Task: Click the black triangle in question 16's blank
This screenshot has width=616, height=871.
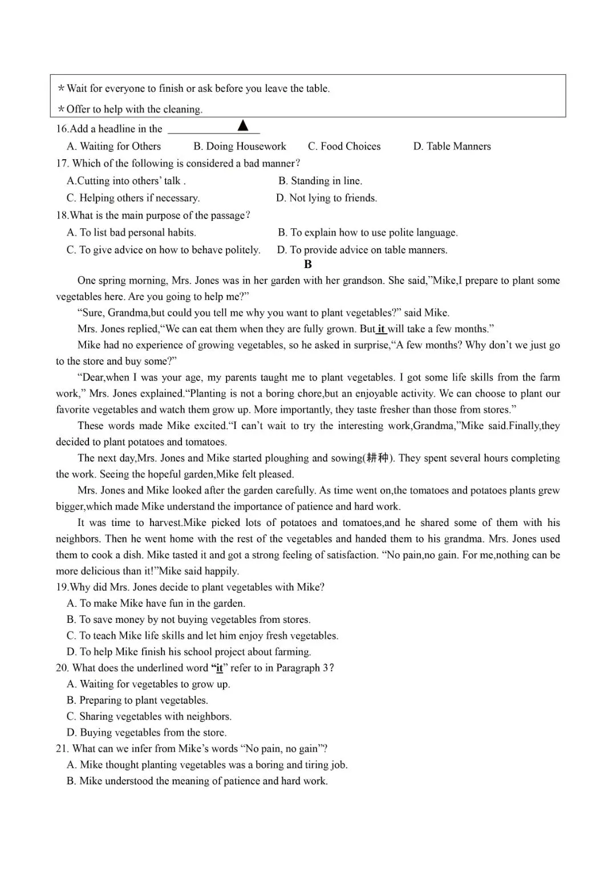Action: pyautogui.click(x=243, y=125)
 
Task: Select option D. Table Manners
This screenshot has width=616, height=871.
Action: pyautogui.click(x=452, y=147)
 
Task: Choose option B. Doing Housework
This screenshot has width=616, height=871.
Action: pyautogui.click(x=240, y=147)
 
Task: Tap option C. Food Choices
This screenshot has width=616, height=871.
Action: pyautogui.click(x=344, y=147)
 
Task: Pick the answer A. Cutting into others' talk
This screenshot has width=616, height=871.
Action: pyautogui.click(x=126, y=181)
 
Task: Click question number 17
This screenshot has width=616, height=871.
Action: pyautogui.click(x=62, y=164)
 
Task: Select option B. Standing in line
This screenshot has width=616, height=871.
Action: pyautogui.click(x=320, y=181)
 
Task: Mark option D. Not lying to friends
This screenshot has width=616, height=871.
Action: pyautogui.click(x=326, y=198)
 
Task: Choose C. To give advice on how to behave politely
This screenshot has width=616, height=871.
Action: pyautogui.click(x=163, y=250)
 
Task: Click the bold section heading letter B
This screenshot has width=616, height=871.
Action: pyautogui.click(x=308, y=264)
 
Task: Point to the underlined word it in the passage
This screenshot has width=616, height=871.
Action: pyautogui.click(x=381, y=329)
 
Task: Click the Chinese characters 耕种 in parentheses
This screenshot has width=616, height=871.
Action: pyautogui.click(x=377, y=458)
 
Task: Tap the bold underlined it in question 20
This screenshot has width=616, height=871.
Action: pyautogui.click(x=220, y=668)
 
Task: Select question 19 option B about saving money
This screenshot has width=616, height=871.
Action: pyautogui.click(x=188, y=619)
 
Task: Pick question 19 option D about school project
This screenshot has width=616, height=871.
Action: pyautogui.click(x=188, y=652)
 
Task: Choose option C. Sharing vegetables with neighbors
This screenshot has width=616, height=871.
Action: pyautogui.click(x=149, y=716)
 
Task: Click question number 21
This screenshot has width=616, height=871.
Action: pyautogui.click(x=62, y=749)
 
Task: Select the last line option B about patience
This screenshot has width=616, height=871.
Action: pyautogui.click(x=197, y=781)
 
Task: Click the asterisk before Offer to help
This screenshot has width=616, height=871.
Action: pyautogui.click(x=61, y=110)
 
